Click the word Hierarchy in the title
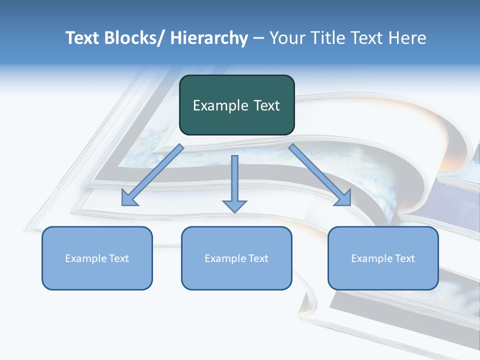(209, 38)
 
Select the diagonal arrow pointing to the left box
(155, 173)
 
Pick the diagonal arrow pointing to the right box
(317, 172)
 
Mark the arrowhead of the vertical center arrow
(234, 205)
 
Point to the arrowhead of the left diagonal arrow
(129, 199)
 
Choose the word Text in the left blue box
(118, 258)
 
